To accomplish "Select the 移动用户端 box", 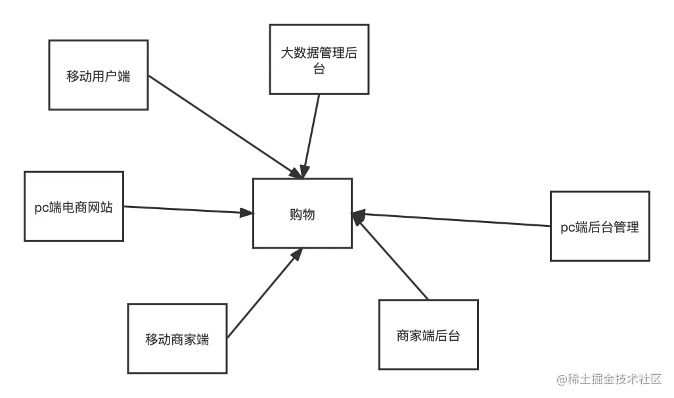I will tap(99, 75).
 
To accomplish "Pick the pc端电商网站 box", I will tap(74, 205).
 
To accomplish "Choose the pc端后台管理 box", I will tap(600, 226).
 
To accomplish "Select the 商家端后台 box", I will tap(428, 334).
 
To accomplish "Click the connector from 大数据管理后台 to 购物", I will tap(311, 135).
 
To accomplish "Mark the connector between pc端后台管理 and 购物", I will tap(453, 220).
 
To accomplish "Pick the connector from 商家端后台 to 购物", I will tap(391, 257).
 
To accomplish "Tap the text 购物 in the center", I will tap(302, 214).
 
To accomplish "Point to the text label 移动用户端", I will tap(99, 76).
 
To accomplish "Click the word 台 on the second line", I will tap(319, 69).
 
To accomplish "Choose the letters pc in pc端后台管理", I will tap(568, 228).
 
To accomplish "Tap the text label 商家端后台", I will tap(428, 336).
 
